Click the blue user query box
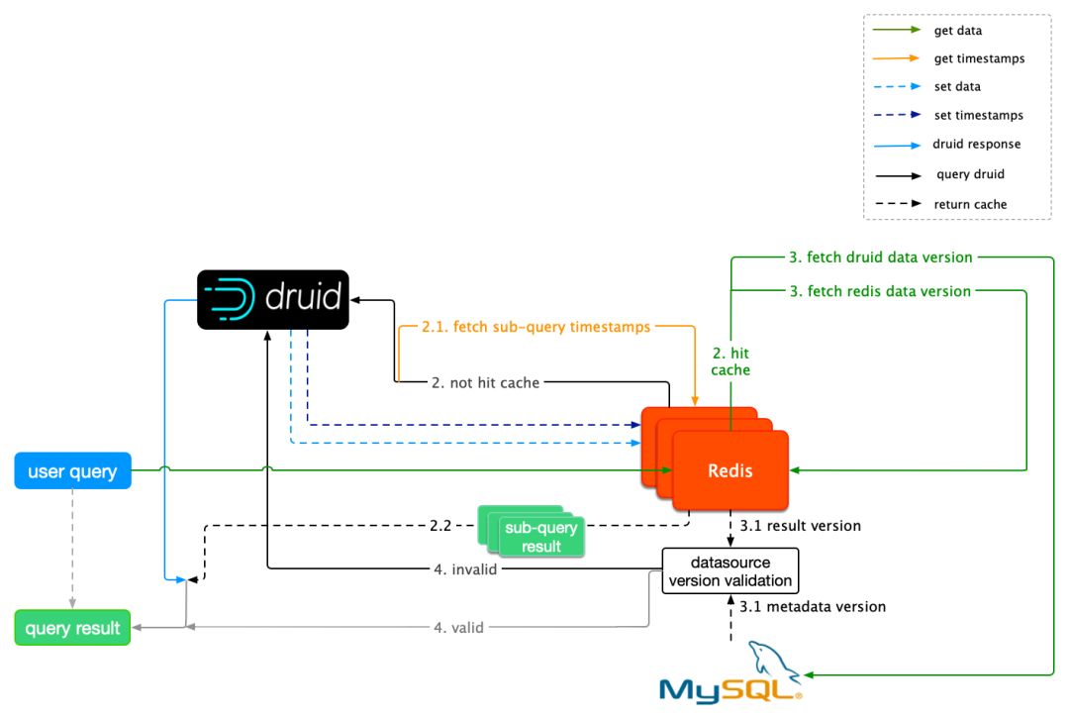pyautogui.click(x=72, y=471)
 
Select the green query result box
pyautogui.click(x=72, y=628)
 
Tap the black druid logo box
pyautogui.click(x=273, y=299)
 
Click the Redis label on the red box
pyautogui.click(x=730, y=470)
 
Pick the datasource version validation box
pyautogui.click(x=729, y=571)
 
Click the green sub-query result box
pyautogui.click(x=540, y=537)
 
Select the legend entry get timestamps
pyautogui.click(x=979, y=58)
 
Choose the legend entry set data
pyautogui.click(x=957, y=87)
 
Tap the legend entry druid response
pyautogui.click(x=976, y=145)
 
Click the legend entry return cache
pyautogui.click(x=971, y=204)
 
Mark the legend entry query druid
pyautogui.click(x=970, y=174)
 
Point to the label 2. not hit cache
pyautogui.click(x=485, y=382)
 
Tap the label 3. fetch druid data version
pyautogui.click(x=881, y=257)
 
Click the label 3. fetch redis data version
pyautogui.click(x=880, y=291)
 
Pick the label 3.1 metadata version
pyautogui.click(x=813, y=606)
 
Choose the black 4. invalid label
pyautogui.click(x=464, y=568)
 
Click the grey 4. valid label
pyautogui.click(x=458, y=627)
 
